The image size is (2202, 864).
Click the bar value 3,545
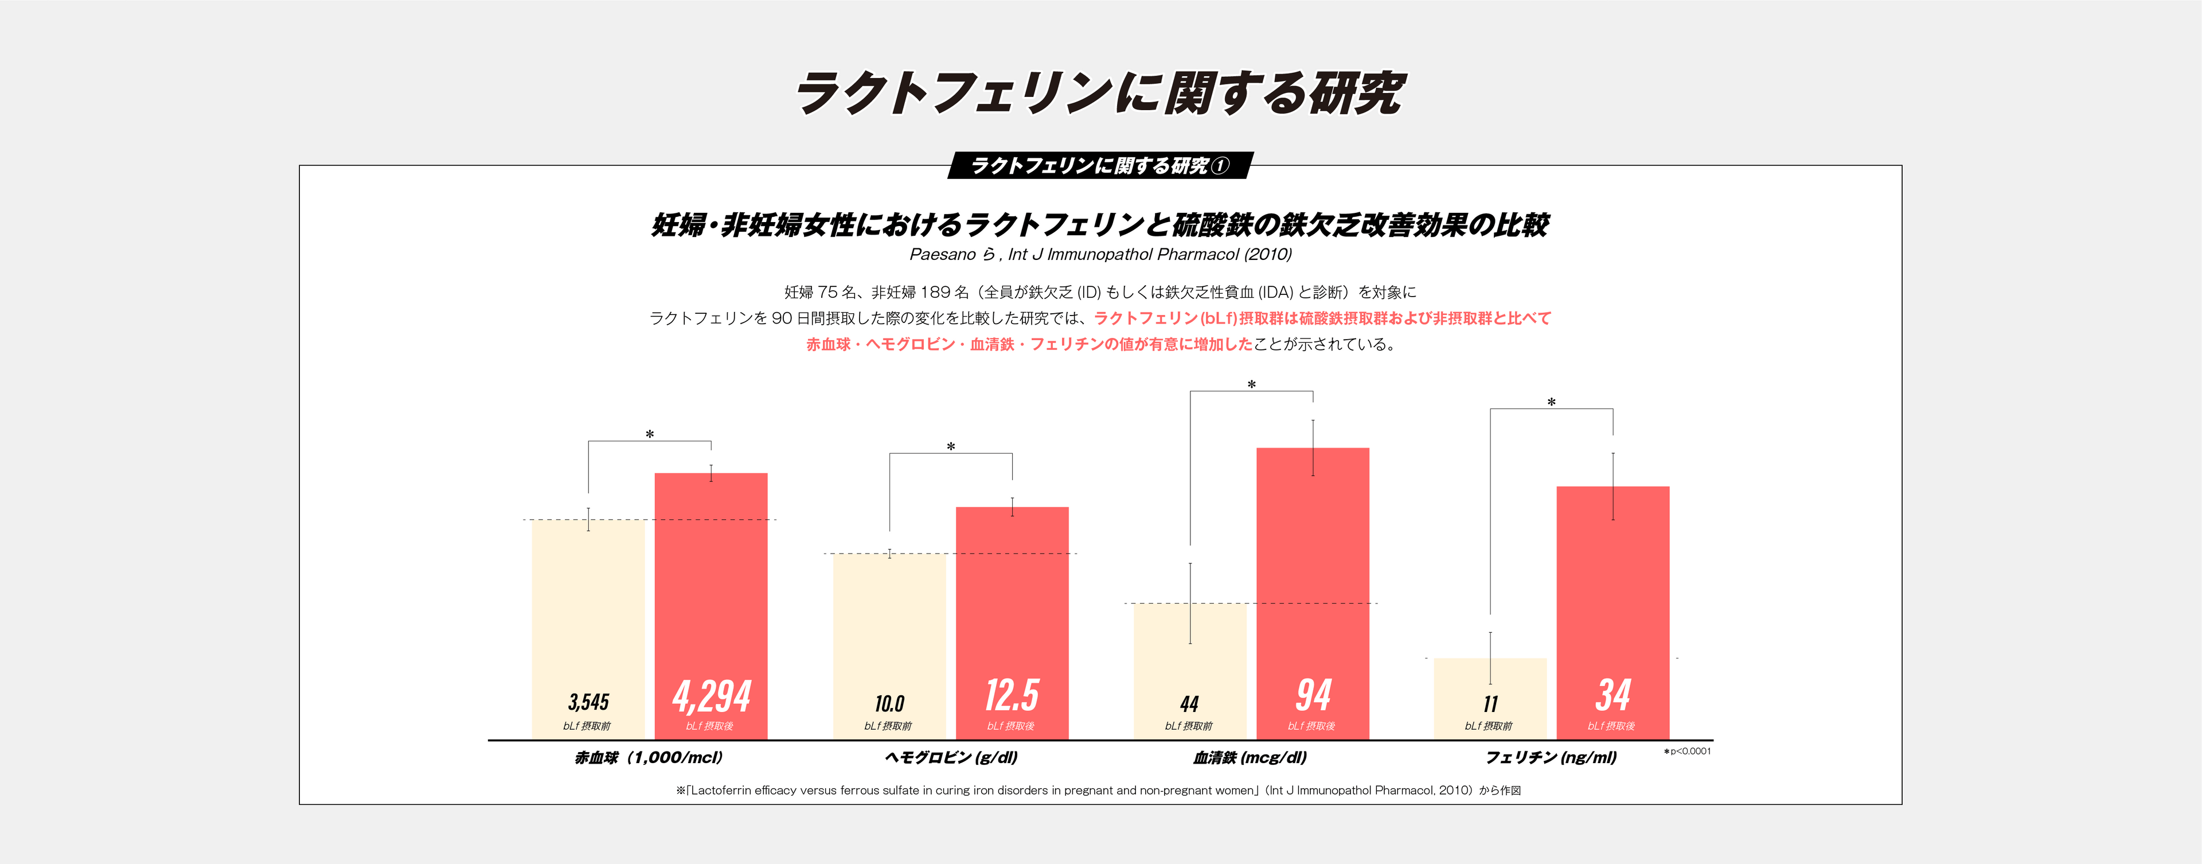588,702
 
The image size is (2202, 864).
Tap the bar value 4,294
711,696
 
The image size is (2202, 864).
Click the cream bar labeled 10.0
889,633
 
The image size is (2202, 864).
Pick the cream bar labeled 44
1189,659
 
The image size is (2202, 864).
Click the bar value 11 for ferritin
1490,704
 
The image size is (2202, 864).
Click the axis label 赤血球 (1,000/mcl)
649,758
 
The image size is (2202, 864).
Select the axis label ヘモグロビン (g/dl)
951,758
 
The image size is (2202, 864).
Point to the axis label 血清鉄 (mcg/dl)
1250,758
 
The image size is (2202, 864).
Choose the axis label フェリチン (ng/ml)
1551,758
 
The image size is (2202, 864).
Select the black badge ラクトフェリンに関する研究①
1100,166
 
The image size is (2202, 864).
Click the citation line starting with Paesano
1100,254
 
